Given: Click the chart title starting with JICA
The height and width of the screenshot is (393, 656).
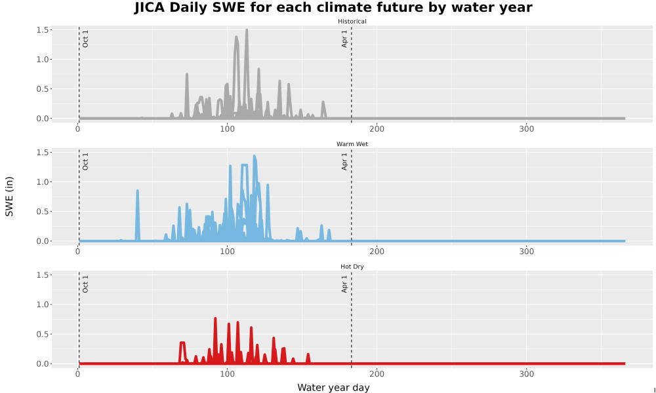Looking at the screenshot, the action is tap(333, 7).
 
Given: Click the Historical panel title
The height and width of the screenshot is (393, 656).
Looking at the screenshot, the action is tap(352, 22).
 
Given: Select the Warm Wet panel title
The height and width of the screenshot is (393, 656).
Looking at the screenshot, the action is tap(352, 144).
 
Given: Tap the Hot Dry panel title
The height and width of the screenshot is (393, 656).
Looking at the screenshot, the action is tap(352, 267).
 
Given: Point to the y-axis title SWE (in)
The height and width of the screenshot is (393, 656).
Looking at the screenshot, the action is tap(9, 196).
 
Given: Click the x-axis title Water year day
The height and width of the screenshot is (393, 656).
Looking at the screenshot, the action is tap(333, 388).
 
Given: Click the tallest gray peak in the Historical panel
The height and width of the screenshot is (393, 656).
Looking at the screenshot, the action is tap(247, 30).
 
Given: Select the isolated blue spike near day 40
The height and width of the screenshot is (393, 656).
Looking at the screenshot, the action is tap(137, 191).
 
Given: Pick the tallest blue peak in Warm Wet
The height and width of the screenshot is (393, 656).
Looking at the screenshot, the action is tap(255, 157).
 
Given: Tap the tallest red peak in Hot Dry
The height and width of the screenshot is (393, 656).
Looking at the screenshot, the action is tap(215, 319).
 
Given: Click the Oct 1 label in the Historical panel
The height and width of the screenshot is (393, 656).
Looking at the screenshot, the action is tap(85, 39).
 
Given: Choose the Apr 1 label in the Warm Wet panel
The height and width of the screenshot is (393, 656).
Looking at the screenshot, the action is tap(344, 162).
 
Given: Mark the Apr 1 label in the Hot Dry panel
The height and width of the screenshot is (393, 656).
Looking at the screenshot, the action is tap(344, 284).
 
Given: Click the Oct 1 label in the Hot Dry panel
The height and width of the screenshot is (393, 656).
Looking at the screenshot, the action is tap(85, 284).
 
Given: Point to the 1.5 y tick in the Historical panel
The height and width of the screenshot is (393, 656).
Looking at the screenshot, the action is tap(43, 29).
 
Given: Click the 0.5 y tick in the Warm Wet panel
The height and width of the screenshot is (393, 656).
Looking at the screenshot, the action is tap(43, 212).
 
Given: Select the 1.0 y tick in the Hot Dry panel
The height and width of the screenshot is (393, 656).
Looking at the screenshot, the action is tap(43, 305).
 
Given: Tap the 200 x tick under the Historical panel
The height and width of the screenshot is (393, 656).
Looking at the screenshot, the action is tap(377, 129).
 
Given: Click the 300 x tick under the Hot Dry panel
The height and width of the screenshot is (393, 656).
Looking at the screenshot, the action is tap(526, 374).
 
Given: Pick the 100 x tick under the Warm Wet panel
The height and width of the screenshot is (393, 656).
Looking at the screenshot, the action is tap(227, 252).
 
